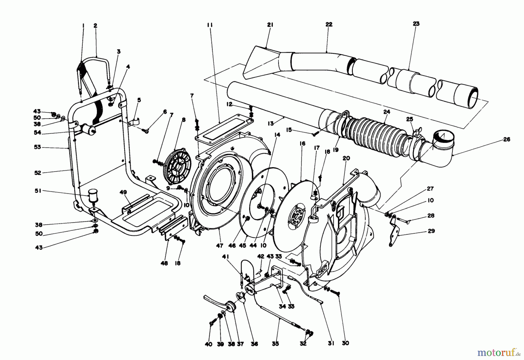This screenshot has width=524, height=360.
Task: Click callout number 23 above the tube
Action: click(x=416, y=24)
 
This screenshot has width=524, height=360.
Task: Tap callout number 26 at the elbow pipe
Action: click(x=507, y=140)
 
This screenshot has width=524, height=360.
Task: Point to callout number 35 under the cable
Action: click(x=275, y=344)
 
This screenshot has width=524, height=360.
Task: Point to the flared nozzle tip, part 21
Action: click(x=256, y=63)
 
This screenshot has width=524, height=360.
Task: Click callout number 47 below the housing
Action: click(x=220, y=246)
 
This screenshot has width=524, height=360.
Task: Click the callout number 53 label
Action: click(x=38, y=147)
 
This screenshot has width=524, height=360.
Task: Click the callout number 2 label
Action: click(x=95, y=26)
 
